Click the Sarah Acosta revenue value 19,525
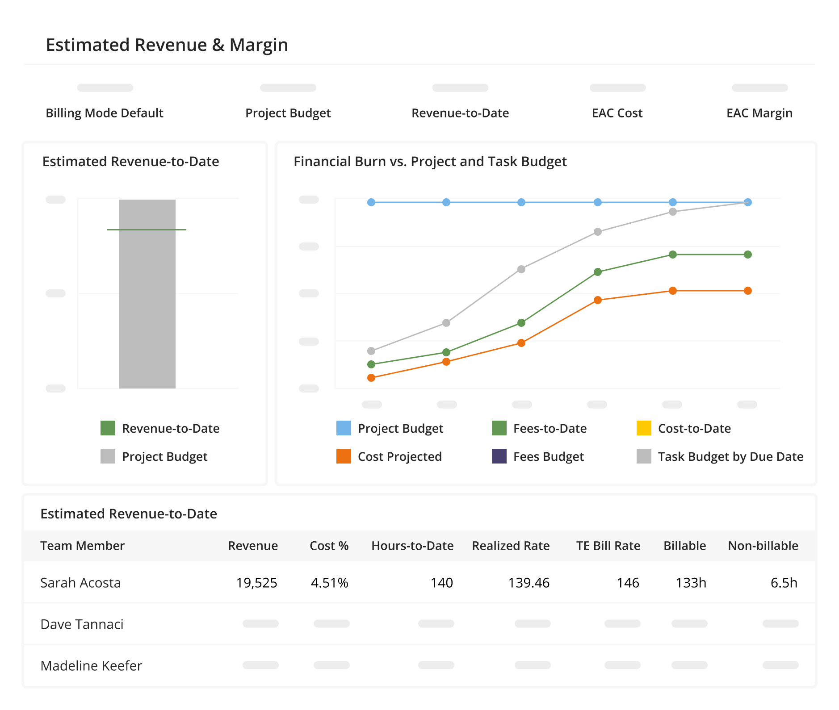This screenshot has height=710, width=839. [256, 583]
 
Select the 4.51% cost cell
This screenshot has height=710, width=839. [329, 583]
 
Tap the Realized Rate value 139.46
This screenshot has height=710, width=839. [529, 583]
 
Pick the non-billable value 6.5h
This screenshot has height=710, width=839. [784, 583]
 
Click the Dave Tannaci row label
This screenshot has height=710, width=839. [82, 624]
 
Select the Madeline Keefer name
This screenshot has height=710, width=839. [91, 666]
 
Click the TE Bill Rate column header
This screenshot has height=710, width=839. [608, 546]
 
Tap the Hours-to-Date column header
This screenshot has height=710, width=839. [412, 546]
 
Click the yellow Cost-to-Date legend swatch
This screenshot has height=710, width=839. [644, 428]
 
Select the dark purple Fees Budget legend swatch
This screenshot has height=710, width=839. [499, 456]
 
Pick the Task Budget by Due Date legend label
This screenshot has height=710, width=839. [730, 456]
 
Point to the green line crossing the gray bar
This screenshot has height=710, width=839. [147, 230]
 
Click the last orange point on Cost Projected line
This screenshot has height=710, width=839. [748, 291]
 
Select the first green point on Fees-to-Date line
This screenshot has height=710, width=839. [371, 364]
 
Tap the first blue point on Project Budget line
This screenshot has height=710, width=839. [371, 202]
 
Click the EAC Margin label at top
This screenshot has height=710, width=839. [759, 113]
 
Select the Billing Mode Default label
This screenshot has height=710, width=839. [105, 113]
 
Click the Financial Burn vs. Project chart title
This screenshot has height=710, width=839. [430, 161]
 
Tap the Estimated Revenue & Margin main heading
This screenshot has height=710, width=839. [167, 45]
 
